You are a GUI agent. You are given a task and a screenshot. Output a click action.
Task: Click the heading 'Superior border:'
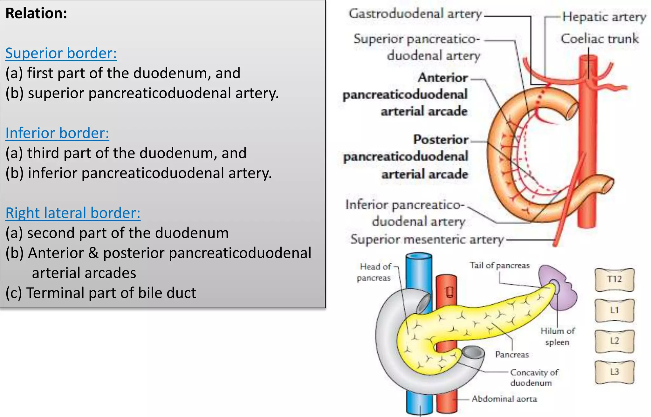pos(61,53)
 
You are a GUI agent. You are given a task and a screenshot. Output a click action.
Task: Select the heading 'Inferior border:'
pos(57,133)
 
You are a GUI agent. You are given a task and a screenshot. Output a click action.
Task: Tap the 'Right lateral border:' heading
pos(73,213)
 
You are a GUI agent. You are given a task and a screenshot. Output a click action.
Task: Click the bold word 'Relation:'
pos(36,13)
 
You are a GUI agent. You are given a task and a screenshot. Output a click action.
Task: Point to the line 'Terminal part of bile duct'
pos(101,293)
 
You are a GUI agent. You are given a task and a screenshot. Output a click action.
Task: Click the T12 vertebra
pos(614,280)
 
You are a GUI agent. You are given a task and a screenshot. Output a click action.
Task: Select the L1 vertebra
pos(614,310)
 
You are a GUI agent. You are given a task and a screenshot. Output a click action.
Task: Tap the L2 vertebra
pos(614,341)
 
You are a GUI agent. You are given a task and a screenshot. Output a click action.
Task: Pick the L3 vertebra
pos(614,372)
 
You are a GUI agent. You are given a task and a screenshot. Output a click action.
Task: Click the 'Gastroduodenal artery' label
pos(415,14)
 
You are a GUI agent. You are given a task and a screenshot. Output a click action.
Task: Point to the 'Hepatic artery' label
pos(604,17)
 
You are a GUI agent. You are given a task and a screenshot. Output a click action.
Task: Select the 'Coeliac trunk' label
pos(600,39)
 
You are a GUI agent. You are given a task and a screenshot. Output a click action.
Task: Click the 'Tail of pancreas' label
pos(500,265)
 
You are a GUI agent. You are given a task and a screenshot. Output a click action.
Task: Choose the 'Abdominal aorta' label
pos(504,399)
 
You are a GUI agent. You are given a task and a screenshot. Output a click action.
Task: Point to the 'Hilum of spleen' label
pos(558,337)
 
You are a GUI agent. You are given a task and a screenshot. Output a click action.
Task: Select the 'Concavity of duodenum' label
pos(534,378)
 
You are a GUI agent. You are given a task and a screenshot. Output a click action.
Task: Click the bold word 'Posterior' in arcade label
pos(441,140)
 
